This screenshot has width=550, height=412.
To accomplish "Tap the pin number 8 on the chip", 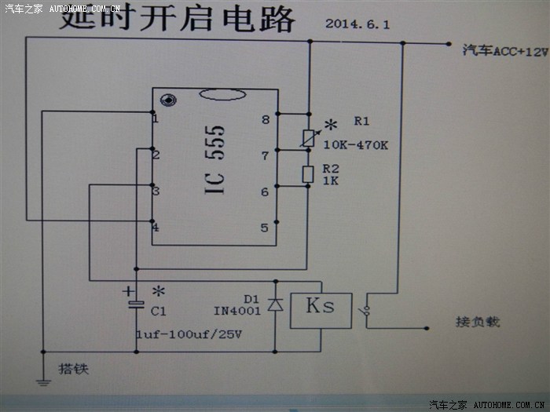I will point(266,119).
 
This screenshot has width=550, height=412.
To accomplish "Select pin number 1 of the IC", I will point(156,118).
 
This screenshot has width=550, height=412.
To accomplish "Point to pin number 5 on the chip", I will point(266,228).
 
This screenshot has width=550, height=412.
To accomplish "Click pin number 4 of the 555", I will point(156,228).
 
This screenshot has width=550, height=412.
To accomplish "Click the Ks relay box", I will point(319,308).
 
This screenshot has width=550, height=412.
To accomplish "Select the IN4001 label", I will point(238,312).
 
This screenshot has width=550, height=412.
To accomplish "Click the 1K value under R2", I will point(329,181).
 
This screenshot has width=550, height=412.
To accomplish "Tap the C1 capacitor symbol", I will point(136,302).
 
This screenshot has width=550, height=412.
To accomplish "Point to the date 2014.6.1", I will point(357,24).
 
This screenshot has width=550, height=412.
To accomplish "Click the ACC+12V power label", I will point(504,52).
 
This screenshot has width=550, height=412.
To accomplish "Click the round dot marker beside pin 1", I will point(167,100).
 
